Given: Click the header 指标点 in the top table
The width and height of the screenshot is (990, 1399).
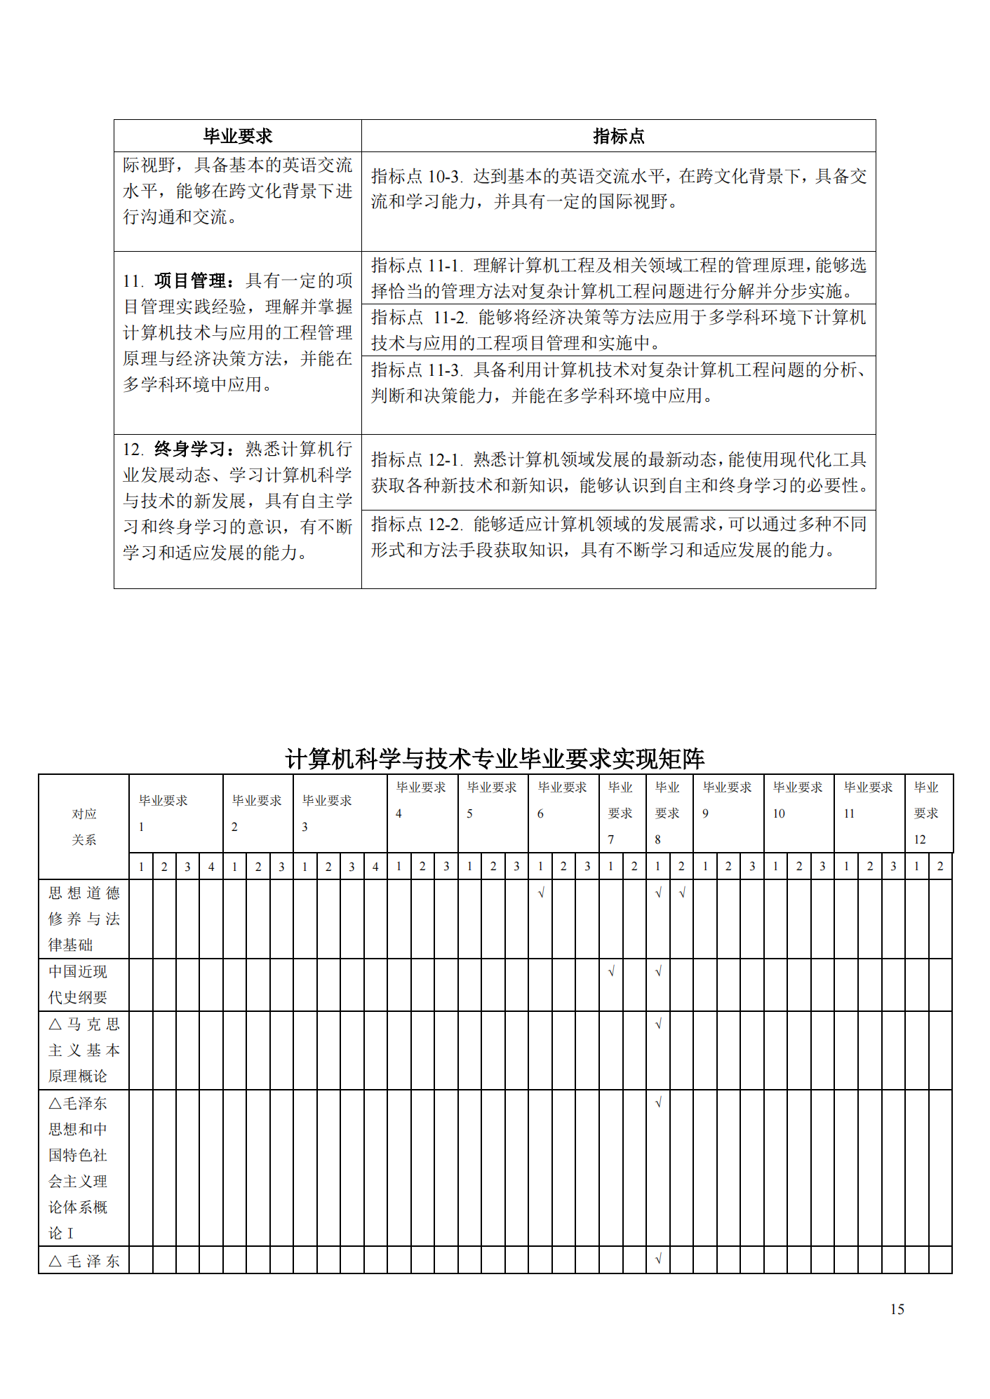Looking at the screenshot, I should point(618,136).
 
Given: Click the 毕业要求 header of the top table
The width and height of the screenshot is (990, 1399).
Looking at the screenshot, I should point(237,136).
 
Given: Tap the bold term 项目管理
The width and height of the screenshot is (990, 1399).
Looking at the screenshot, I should point(189,281).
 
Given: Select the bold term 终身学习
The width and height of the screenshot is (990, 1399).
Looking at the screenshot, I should point(189,450).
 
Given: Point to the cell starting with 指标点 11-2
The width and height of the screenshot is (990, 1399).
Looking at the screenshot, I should point(618,330).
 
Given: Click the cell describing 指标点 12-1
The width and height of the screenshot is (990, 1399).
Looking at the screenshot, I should point(618,472).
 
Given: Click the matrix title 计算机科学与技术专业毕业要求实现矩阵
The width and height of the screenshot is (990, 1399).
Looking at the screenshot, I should point(495,758).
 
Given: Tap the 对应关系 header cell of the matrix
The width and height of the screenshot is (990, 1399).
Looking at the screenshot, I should point(83,826).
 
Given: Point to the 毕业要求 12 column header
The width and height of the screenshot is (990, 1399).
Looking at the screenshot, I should point(927,813).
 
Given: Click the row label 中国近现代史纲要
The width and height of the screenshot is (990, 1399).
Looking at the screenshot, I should point(78,985).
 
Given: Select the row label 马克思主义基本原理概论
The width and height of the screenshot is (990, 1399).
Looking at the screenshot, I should point(83,1050).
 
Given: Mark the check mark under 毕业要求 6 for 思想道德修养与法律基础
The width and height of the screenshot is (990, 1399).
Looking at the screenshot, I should point(540,893).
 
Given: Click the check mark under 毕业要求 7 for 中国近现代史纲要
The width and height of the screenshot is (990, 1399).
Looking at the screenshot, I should point(611,972).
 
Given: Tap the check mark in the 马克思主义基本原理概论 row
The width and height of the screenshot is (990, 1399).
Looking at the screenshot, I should point(658,1025).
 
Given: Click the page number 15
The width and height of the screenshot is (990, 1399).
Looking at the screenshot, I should point(897,1309).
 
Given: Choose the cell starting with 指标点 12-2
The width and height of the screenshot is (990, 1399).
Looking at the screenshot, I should point(618,537).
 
